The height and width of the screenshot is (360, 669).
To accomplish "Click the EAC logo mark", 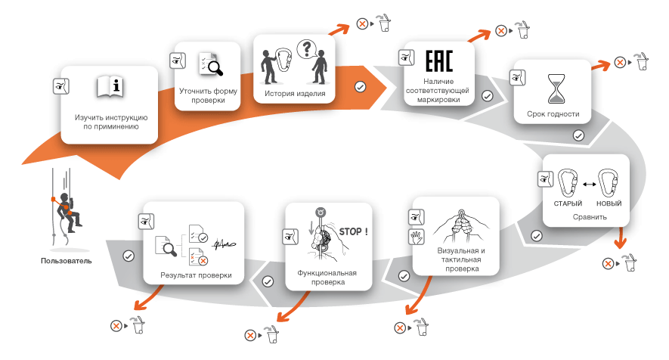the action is coord(438,61).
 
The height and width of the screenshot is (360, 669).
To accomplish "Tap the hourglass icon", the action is coord(556,88).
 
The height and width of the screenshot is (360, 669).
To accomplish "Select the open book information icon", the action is coord(110,87).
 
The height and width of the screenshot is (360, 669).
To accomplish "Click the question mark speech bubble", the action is coord(306,48).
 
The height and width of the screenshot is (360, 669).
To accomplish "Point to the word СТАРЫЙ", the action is coord(568,203).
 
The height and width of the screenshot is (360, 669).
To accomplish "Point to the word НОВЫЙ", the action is coord(609,203).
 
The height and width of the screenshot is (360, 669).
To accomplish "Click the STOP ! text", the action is coord(353,231).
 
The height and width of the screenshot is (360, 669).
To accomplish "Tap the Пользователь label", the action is coord(66,260).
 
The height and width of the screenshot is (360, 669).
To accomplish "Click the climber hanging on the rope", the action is coord(68,213).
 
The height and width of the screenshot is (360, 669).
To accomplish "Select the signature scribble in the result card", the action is coord(224,244).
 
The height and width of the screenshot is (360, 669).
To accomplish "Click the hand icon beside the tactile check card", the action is coord(416,237).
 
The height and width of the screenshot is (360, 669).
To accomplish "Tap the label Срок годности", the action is coord(553,114).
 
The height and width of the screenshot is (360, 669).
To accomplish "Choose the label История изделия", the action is coord(295,94).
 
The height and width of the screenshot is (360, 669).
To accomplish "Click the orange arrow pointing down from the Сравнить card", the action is coord(620,237).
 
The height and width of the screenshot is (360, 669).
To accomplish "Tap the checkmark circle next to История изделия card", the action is coord(360,87).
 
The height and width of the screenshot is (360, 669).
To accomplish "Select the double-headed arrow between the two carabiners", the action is coord(589,184).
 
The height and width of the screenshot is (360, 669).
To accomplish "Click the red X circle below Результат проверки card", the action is coord(116,326).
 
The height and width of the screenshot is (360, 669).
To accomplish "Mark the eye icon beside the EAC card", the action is coord(406,57).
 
